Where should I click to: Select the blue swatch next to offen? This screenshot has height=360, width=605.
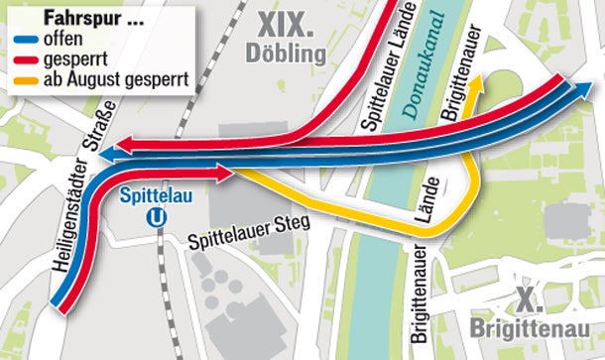pos(25,38)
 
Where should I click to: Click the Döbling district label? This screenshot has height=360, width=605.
pos(289,51)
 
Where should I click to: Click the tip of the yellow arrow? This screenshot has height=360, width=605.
pos(477,77)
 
